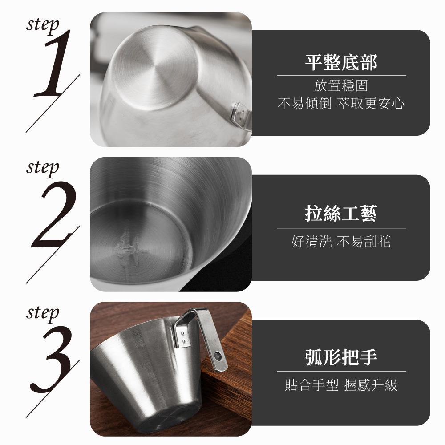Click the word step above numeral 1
[43, 25]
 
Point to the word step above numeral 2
[43, 168]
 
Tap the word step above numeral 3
[43, 313]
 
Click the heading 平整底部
[341, 62]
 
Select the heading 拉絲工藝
[341, 214]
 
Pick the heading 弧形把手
[341, 357]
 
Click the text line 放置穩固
[341, 85]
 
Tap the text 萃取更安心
[371, 103]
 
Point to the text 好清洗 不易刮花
[341, 242]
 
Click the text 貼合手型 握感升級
[341, 385]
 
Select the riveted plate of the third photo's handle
[182, 336]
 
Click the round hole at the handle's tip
[218, 356]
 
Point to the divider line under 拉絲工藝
[341, 228]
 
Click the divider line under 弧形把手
[341, 371]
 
